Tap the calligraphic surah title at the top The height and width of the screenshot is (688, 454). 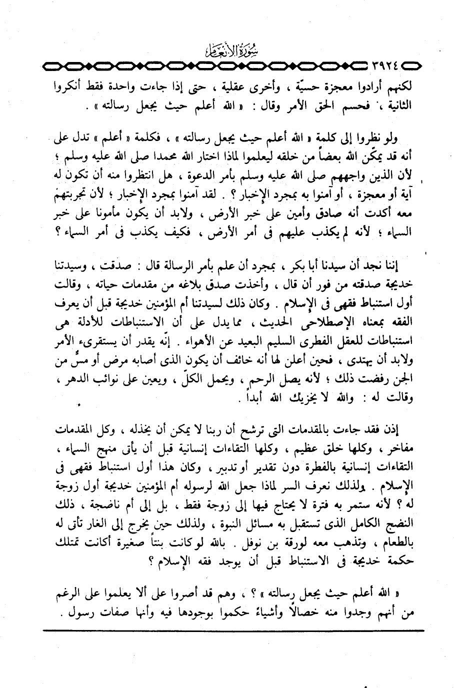pos(225,50)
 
